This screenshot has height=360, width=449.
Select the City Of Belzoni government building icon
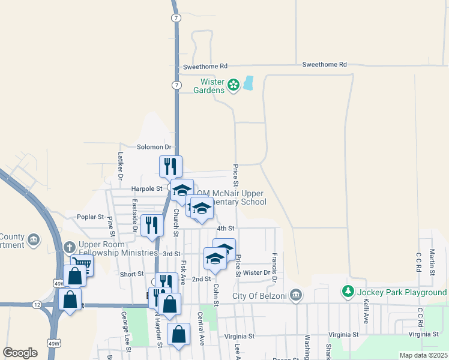pyautogui.click(x=295, y=295)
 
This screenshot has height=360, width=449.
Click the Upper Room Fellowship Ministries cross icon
pyautogui.click(x=70, y=247)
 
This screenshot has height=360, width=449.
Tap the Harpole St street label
pyautogui.click(x=147, y=188)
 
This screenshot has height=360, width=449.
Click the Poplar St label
pyautogui.click(x=90, y=217)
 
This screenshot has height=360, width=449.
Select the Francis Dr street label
pyautogui.click(x=274, y=267)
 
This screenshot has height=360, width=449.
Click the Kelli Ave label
pyautogui.click(x=365, y=310)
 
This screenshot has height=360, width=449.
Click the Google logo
pyautogui.click(x=20, y=353)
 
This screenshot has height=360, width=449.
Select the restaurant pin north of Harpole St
pyautogui.click(x=170, y=166)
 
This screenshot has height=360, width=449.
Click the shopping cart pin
pyautogui.click(x=82, y=265)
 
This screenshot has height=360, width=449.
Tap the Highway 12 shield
pyautogui.click(x=37, y=305)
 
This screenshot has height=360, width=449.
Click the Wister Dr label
pyautogui.click(x=257, y=272)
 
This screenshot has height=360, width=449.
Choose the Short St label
pyautogui.click(x=131, y=274)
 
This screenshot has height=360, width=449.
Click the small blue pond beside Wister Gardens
pyautogui.click(x=249, y=83)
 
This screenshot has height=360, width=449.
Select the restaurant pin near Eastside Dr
pyautogui.click(x=152, y=225)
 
